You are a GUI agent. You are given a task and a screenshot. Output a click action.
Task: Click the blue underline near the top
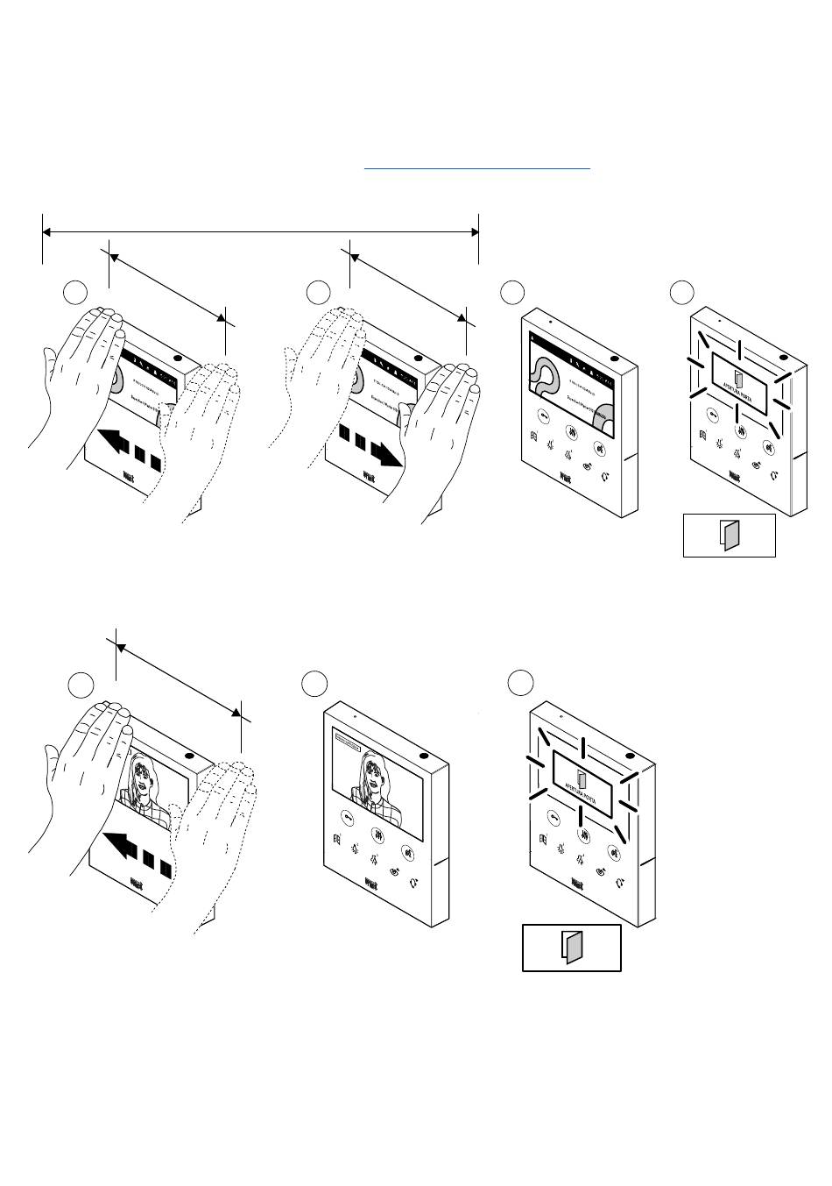pyautogui.click(x=477, y=167)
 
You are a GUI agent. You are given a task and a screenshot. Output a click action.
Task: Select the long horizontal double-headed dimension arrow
pyautogui.click(x=260, y=232)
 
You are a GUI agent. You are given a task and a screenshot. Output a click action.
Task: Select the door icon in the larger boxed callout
pyautogui.click(x=571, y=947)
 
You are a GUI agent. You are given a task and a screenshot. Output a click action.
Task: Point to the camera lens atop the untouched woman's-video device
pyautogui.click(x=423, y=758)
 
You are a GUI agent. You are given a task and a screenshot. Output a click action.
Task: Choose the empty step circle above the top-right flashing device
pyautogui.click(x=681, y=293)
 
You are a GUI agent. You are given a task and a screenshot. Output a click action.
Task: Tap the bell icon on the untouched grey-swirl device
pyautogui.click(x=606, y=479)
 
